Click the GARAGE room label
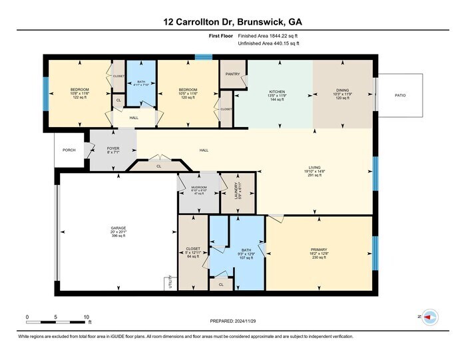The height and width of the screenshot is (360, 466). point(118,228)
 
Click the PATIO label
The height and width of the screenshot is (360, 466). point(399,95)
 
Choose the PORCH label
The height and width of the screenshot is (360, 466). point(69,150)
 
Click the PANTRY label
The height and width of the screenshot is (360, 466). point(232,75)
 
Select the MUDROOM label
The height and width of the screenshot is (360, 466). point(197,188)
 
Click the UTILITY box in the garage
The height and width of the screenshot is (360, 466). point(167,284)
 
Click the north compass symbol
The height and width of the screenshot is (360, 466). point(429,317)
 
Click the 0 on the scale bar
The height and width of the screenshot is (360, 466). point(27,317)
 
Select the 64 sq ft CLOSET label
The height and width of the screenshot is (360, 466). point(193,251)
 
